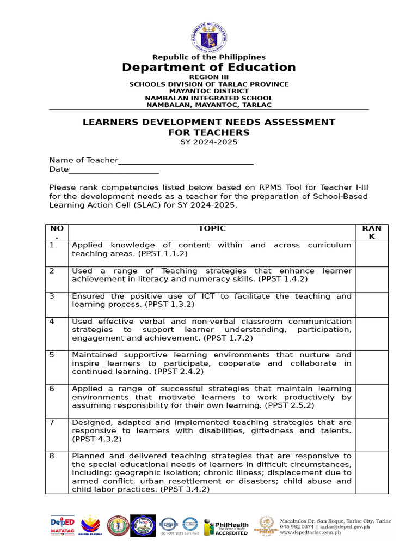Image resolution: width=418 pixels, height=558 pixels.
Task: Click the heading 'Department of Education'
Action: tap(209, 68)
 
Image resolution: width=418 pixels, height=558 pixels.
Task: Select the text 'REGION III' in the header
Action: tap(209, 77)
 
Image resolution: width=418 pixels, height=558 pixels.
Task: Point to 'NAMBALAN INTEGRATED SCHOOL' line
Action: tap(209, 98)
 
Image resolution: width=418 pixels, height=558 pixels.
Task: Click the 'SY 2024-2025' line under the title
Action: tap(209, 143)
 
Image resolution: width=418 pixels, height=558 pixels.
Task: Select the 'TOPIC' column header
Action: tap(212, 229)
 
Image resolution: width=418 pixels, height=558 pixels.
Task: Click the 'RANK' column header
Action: tap(372, 233)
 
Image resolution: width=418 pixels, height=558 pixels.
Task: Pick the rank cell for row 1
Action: tap(372, 253)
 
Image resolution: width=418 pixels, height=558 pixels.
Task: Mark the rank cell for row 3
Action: tap(372, 304)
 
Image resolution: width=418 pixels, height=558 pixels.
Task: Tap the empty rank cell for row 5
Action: tap(372, 367)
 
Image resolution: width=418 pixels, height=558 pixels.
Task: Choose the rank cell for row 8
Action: tap(372, 472)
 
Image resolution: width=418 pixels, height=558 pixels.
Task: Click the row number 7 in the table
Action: tap(52, 422)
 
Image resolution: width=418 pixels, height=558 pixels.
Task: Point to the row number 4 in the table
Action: tap(52, 322)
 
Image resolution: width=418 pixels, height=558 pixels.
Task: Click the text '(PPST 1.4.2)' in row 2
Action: tap(283, 279)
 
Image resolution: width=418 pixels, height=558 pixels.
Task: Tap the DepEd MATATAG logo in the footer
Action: tap(62, 526)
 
